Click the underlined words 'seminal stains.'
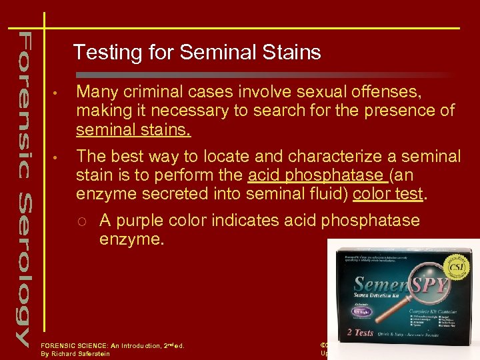coord(133,129)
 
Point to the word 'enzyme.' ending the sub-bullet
coord(131,239)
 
